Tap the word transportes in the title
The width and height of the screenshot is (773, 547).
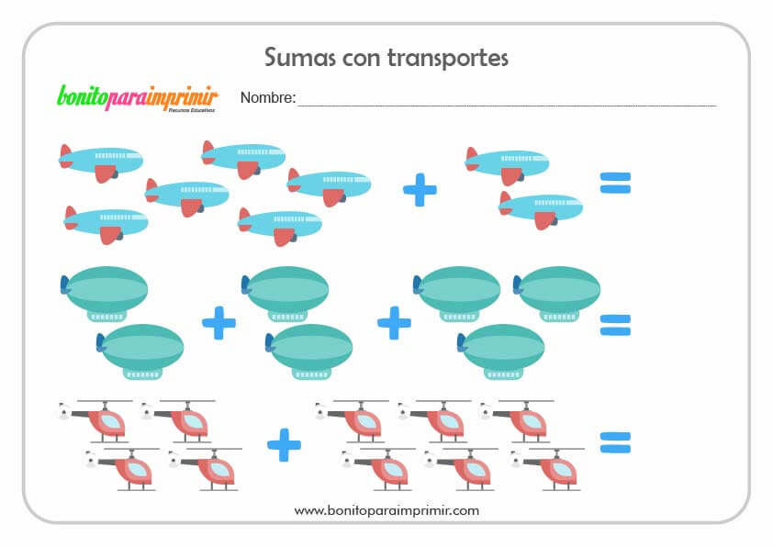[448, 59]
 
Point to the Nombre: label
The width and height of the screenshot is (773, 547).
[267, 97]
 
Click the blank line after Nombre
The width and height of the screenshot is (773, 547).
[505, 103]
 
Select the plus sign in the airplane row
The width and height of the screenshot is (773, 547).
[420, 190]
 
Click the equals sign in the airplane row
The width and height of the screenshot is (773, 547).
[615, 183]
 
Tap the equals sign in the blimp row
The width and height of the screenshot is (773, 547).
[615, 325]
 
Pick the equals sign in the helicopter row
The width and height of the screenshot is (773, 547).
[615, 443]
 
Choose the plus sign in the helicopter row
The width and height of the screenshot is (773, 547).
[284, 445]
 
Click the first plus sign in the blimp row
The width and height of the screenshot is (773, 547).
[218, 323]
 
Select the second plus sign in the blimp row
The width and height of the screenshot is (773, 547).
[394, 323]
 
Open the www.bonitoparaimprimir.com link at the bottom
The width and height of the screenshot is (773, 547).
[386, 509]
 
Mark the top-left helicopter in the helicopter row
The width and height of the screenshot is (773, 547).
[95, 419]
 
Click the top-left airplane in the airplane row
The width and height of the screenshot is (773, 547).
[100, 160]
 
